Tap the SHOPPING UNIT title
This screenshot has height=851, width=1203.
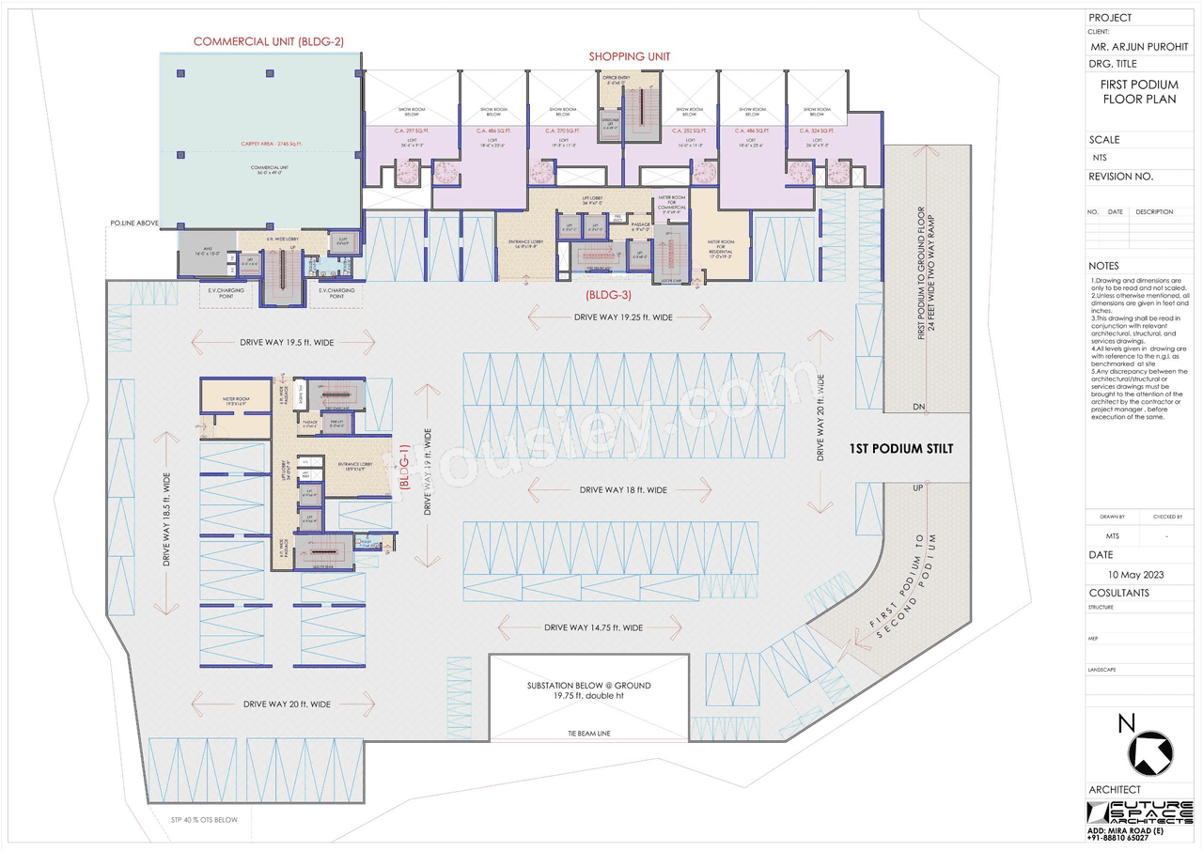coord(630,56)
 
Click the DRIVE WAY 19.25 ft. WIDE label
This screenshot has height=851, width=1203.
coord(623,317)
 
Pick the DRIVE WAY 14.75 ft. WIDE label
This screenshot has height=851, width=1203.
coord(593,627)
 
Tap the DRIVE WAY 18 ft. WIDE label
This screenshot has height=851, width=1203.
coord(623,489)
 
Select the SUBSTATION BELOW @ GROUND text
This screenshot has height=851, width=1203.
coord(588,686)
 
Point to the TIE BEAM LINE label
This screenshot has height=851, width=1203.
coord(588,733)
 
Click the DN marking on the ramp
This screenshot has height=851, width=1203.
coord(918,407)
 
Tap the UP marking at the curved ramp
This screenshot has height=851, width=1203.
coord(918,489)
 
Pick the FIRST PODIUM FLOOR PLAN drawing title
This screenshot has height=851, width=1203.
coord(1139,91)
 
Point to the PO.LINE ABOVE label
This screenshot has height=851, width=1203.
coord(134,224)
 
